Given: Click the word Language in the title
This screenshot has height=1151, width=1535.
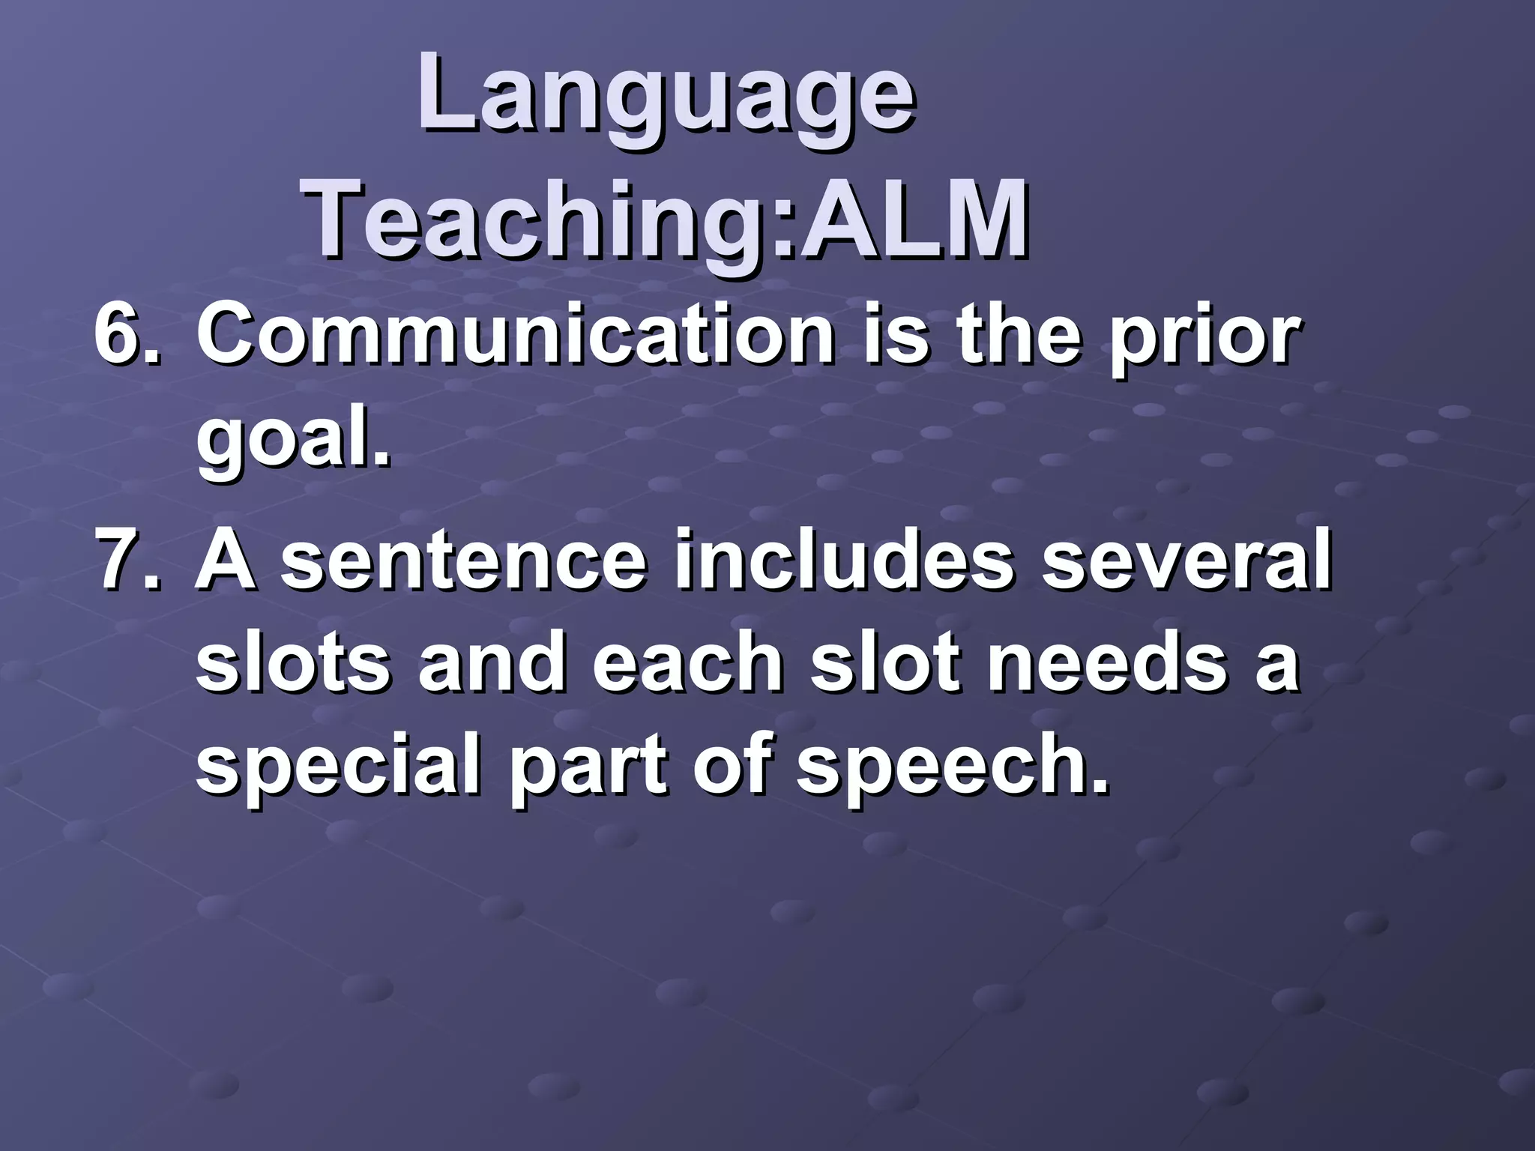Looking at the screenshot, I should (666, 97).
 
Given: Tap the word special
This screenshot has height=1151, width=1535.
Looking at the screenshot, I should (337, 772).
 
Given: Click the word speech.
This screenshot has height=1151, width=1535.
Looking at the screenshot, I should (951, 772).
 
